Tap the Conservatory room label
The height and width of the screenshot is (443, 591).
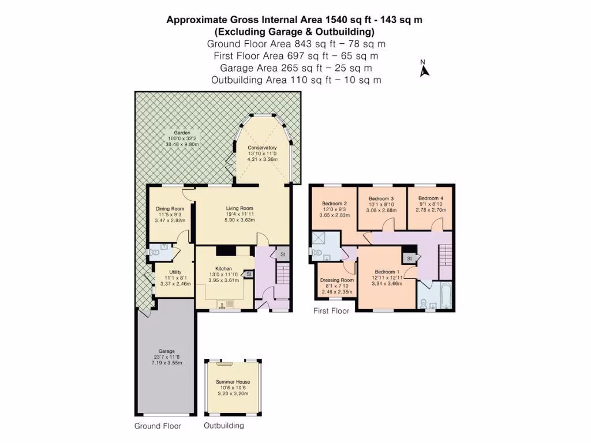(262, 148)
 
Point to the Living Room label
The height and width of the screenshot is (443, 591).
(239, 209)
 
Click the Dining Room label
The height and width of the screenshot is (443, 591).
(170, 209)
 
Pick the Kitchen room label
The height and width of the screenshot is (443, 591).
(223, 269)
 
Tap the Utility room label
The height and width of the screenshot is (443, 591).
(175, 272)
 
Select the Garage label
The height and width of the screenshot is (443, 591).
(166, 351)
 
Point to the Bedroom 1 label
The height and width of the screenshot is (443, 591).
(386, 272)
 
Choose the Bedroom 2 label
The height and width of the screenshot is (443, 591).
(334, 204)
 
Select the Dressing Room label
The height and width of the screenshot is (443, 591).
(336, 280)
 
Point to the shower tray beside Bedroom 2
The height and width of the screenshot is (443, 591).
(319, 239)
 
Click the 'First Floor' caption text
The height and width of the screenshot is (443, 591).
(331, 311)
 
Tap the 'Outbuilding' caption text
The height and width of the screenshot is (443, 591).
(224, 426)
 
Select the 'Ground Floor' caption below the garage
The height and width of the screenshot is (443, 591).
(158, 426)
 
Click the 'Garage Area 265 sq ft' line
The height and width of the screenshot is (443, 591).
(295, 67)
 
